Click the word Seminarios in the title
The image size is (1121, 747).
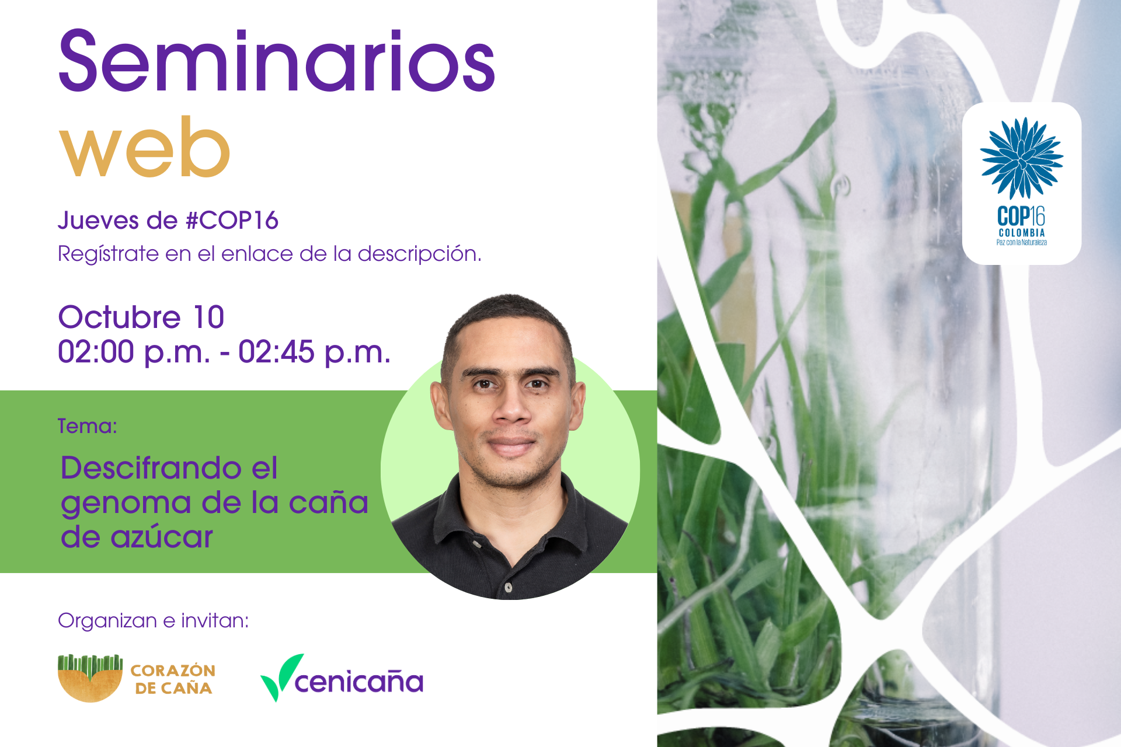(x=277, y=60)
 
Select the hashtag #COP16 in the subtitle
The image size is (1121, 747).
(x=232, y=221)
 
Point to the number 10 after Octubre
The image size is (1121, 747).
(x=208, y=317)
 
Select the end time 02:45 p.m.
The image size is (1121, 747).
(x=314, y=352)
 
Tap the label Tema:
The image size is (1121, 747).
(x=88, y=426)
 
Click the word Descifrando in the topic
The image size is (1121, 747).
(x=151, y=468)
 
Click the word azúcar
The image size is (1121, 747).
(x=162, y=537)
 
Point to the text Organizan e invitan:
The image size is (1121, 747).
(x=154, y=620)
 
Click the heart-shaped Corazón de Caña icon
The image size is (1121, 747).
(x=90, y=678)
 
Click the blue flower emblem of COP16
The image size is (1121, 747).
(x=1021, y=158)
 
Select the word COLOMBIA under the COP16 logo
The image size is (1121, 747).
(x=1022, y=233)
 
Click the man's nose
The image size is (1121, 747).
(x=511, y=406)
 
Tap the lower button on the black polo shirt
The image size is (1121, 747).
(x=508, y=587)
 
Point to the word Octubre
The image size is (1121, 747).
(x=119, y=317)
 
